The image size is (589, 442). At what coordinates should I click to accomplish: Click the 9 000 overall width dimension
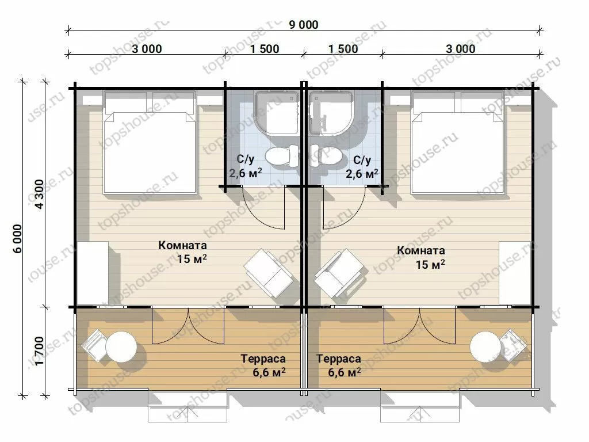pos(304,25)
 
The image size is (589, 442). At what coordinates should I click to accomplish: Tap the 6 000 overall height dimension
pos(18,239)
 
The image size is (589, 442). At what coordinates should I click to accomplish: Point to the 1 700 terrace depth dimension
pos(40,350)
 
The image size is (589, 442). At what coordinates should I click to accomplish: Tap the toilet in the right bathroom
pos(326,156)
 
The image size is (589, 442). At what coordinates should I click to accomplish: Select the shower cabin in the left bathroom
pos(277,113)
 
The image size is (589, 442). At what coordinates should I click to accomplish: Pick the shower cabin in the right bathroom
pos(331,113)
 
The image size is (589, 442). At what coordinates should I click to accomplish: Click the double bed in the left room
pos(150,142)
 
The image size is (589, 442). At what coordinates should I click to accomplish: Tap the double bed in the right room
pos(457,142)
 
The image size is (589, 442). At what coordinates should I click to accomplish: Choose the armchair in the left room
pos(269,273)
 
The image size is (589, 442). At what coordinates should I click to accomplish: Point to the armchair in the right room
pos(339,273)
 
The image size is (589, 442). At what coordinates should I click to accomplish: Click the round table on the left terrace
pos(121,346)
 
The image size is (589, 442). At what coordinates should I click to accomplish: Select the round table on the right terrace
pos(485,346)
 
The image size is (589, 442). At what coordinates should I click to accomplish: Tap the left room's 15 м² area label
pos(192,259)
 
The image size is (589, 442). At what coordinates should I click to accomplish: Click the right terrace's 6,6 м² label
pos(345,372)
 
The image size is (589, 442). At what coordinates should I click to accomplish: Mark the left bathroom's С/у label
pos(246,159)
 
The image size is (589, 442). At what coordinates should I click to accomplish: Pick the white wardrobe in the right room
pos(515,273)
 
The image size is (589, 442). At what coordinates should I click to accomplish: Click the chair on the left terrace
pos(94,345)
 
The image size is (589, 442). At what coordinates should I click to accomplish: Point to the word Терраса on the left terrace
pos(263,359)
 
